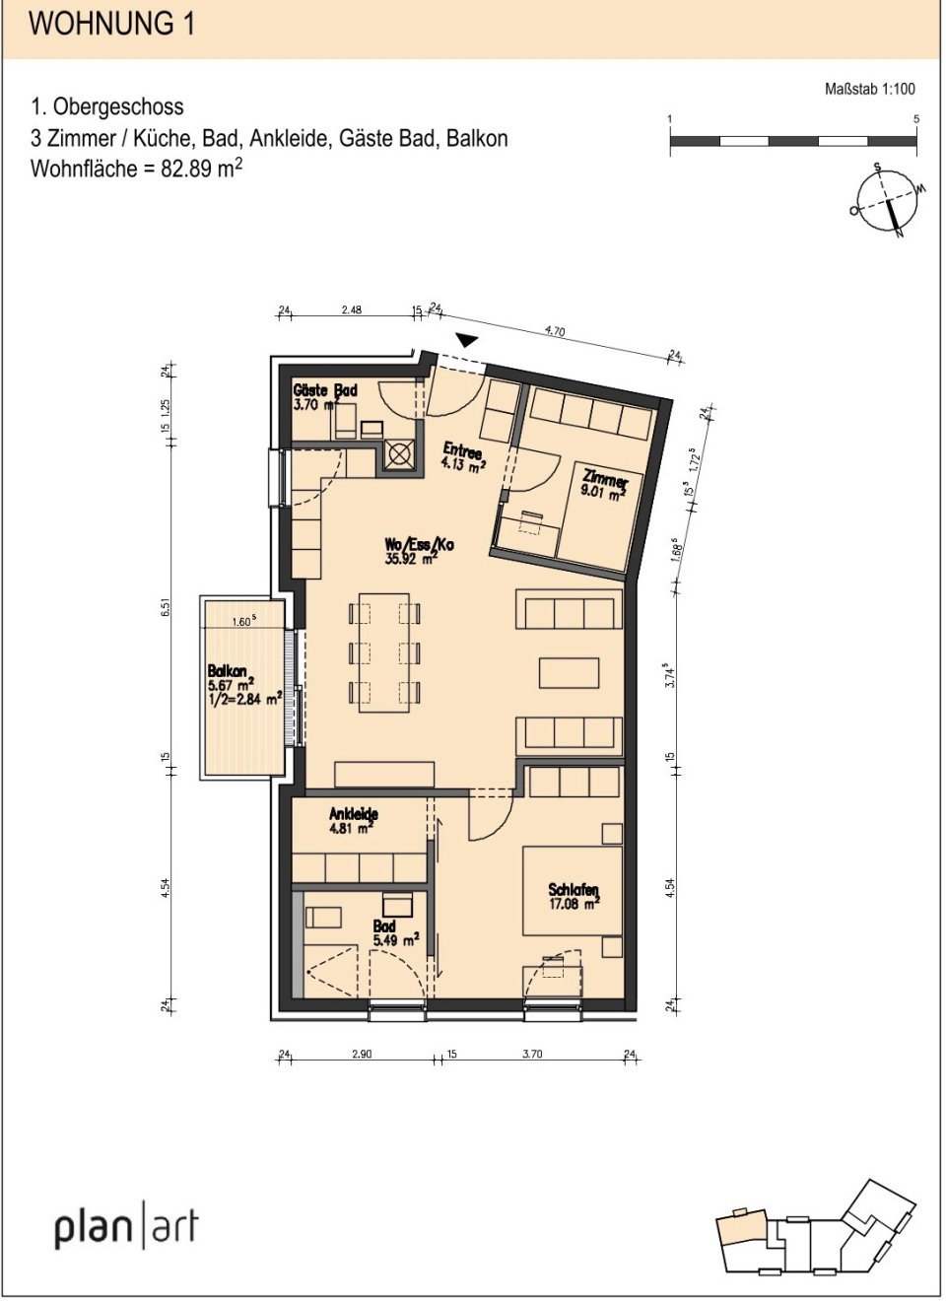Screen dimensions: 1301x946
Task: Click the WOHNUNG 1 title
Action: tap(111, 24)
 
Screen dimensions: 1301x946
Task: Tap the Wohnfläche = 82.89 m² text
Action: tap(136, 168)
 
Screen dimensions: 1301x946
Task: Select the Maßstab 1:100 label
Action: tap(869, 89)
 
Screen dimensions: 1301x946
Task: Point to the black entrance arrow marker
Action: tap(466, 340)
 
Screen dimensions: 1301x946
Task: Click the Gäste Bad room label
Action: tap(324, 397)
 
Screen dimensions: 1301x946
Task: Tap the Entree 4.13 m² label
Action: tap(462, 457)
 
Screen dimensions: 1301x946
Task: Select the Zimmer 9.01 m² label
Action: tap(603, 484)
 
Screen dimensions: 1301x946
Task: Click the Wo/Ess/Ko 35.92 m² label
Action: tap(418, 551)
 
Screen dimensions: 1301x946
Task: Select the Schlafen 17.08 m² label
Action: tap(574, 896)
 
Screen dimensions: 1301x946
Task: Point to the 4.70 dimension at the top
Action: tap(555, 331)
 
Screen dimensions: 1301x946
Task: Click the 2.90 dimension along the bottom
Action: tap(362, 1054)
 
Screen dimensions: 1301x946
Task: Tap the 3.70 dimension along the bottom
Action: tap(532, 1054)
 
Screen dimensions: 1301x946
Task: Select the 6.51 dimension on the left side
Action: tap(166, 608)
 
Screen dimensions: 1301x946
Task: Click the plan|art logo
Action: tap(126, 1226)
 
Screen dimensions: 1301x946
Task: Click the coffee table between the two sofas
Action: tap(569, 672)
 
